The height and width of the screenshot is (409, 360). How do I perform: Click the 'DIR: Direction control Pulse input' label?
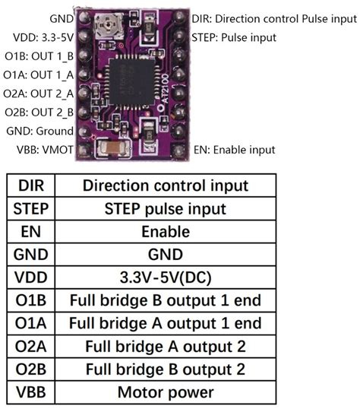point(272,17)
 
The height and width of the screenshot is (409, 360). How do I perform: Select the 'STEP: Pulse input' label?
point(235,36)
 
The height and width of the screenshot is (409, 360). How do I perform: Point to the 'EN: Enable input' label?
point(234,150)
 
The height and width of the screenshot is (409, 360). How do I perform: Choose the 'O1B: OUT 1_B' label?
point(39,55)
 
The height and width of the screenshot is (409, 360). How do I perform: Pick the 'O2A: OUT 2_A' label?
point(39,93)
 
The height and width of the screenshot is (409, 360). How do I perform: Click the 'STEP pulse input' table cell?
point(165,208)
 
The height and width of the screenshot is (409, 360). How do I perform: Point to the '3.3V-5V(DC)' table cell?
point(165,277)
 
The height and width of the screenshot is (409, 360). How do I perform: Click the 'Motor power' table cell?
point(165,393)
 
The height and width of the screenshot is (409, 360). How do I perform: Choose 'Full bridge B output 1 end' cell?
point(165,300)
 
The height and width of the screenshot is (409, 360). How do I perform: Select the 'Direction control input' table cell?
point(165,185)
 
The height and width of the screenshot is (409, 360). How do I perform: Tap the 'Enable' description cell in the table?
point(165,231)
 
